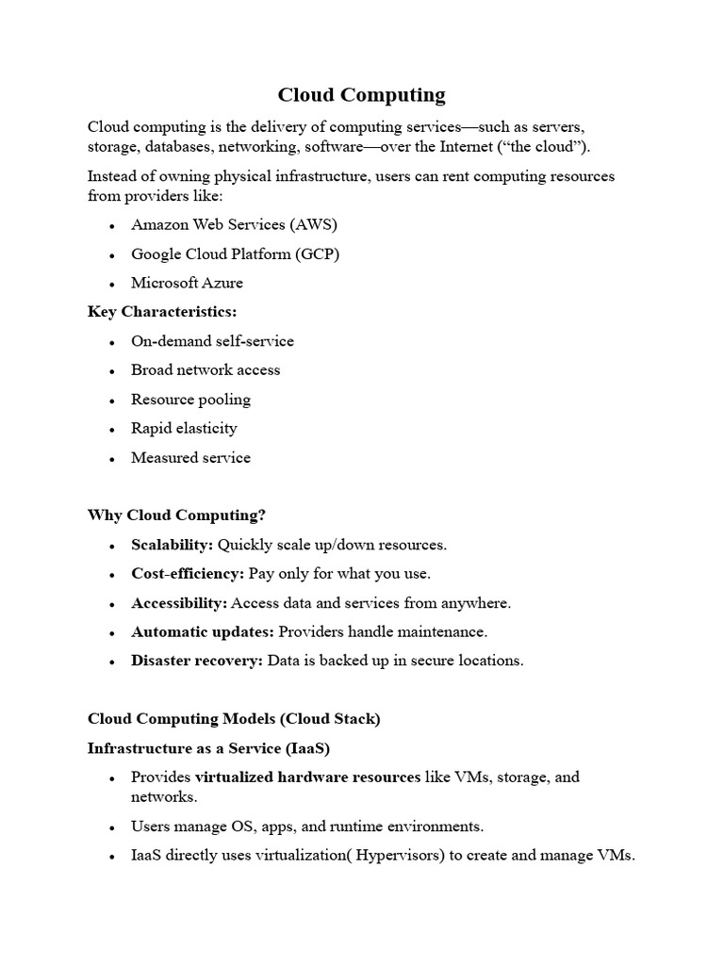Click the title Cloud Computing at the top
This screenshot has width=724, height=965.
click(361, 95)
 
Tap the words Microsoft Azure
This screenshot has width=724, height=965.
click(187, 283)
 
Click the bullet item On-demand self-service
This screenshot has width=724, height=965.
click(212, 341)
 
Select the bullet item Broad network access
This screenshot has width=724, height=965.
click(206, 370)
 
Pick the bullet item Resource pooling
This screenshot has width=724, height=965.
click(190, 400)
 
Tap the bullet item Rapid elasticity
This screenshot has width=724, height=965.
click(184, 429)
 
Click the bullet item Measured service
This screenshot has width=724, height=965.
click(190, 458)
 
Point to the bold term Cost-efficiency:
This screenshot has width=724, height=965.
click(188, 574)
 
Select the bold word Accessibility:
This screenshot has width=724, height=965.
click(179, 603)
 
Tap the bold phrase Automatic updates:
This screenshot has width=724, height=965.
click(203, 631)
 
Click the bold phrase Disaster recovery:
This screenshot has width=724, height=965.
click(197, 661)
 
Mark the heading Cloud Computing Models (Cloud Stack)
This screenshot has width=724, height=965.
click(234, 719)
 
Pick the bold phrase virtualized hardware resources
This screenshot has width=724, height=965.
click(308, 777)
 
